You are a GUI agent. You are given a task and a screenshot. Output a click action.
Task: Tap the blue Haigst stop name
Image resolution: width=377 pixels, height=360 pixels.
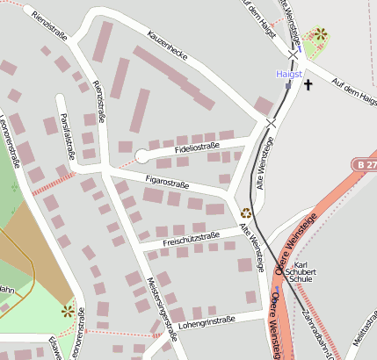click(289, 75)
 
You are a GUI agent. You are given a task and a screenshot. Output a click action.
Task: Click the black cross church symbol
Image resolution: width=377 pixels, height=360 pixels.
click(308, 85)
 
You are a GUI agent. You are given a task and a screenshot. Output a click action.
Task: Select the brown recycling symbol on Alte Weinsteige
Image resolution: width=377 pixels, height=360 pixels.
click(246, 212)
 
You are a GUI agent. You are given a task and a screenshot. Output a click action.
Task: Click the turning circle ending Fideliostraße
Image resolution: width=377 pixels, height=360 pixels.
click(141, 156)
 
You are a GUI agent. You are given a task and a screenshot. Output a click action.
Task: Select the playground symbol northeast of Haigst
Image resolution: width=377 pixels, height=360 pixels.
click(321, 34)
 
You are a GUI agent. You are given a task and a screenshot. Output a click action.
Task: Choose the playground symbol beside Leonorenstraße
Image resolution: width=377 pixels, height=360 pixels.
click(68, 310)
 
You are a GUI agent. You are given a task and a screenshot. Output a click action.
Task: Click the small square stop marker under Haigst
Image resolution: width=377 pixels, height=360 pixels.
click(287, 86)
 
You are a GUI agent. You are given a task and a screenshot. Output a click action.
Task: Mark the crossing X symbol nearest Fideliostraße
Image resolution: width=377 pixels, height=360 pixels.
click(272, 125)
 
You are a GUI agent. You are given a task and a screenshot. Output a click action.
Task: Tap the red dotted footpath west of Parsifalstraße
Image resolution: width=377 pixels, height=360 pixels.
click(54, 183)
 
